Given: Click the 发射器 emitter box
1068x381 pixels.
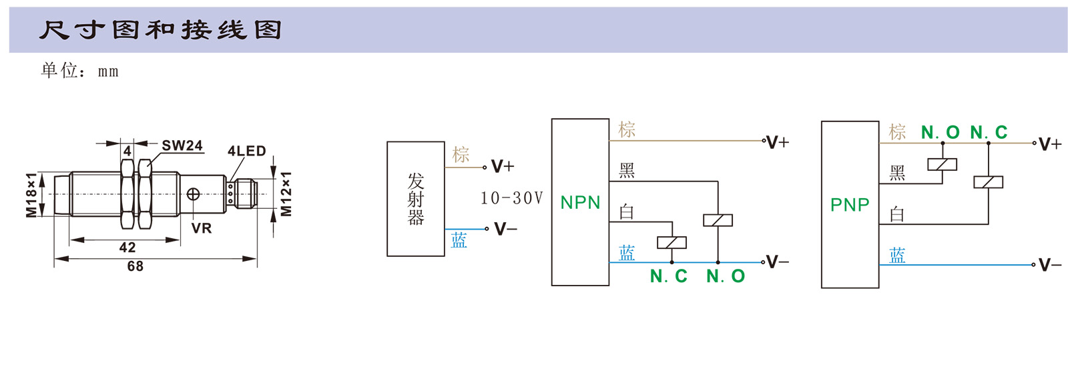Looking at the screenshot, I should pyautogui.click(x=415, y=199).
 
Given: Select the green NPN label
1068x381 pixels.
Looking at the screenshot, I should pyautogui.click(x=580, y=203).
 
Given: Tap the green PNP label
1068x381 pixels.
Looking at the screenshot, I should pyautogui.click(x=850, y=205).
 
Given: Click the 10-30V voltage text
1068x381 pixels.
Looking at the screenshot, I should pyautogui.click(x=512, y=198).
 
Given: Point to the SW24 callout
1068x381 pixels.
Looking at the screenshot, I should pyautogui.click(x=182, y=145).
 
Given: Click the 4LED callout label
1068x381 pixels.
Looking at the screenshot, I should pyautogui.click(x=246, y=151).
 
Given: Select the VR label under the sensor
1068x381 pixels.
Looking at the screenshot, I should pyautogui.click(x=201, y=228).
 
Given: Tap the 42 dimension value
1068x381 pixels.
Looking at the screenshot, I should pyautogui.click(x=127, y=248).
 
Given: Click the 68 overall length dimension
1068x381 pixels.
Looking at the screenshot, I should pyautogui.click(x=136, y=266).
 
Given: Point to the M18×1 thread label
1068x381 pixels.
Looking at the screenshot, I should pyautogui.click(x=31, y=194).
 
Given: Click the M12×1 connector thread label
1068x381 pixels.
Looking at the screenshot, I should pyautogui.click(x=286, y=194).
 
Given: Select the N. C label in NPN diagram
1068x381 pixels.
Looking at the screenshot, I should pyautogui.click(x=668, y=276).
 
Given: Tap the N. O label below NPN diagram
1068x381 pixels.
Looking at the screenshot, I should pyautogui.click(x=726, y=276).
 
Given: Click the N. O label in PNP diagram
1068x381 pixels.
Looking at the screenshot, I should pyautogui.click(x=940, y=133).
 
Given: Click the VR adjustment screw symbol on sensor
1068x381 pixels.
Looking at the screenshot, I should pyautogui.click(x=193, y=194).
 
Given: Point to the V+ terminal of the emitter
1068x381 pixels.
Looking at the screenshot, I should pyautogui.click(x=502, y=166).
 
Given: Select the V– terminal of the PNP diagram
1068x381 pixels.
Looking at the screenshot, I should pyautogui.click(x=1049, y=265).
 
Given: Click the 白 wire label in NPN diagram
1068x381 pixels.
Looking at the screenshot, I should pyautogui.click(x=626, y=212).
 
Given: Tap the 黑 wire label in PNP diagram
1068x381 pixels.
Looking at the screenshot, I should pyautogui.click(x=897, y=173).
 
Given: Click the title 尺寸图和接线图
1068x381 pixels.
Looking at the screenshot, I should pyautogui.click(x=160, y=30).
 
